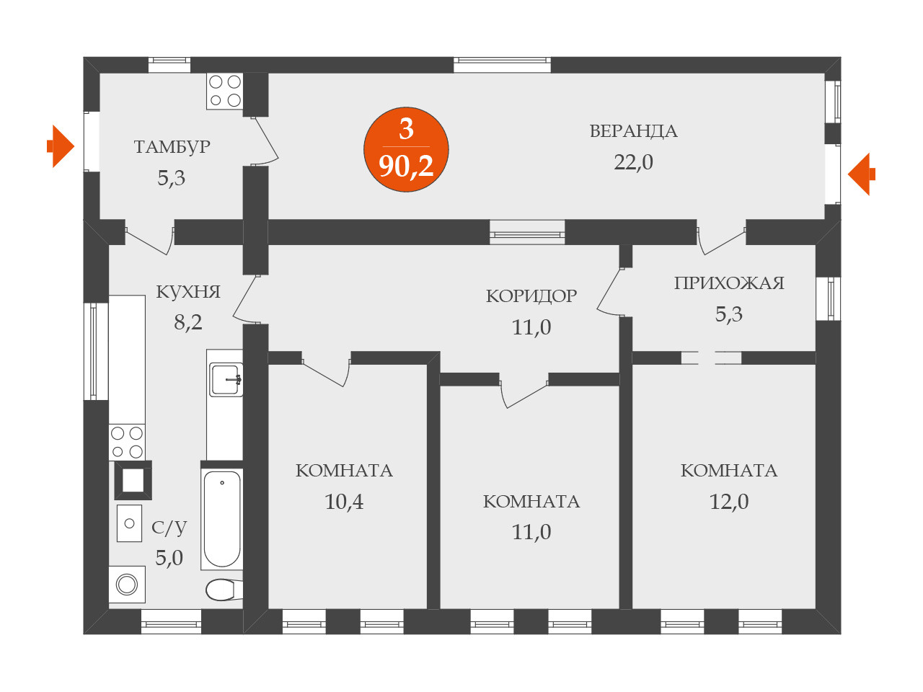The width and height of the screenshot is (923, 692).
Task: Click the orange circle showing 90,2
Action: coord(406,150)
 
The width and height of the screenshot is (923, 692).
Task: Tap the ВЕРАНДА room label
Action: coord(633,131)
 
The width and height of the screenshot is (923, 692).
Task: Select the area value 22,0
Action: coord(633,162)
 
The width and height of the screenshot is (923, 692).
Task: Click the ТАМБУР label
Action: coord(172,147)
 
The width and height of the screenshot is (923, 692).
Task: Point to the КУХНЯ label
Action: coord(188,292)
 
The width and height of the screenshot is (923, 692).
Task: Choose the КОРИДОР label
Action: coord(531,296)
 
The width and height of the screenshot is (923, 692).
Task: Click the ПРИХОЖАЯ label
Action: coord(729,283)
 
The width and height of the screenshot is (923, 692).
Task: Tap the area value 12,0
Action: coord(729,502)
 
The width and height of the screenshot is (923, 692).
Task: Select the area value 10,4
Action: coord(344,502)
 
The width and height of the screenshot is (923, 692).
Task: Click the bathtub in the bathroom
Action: coord(221,518)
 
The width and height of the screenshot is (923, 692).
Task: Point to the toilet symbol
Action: coord(222,590)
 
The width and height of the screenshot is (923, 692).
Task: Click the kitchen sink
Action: coord(226,379)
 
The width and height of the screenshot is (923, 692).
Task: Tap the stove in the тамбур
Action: coord(225,91)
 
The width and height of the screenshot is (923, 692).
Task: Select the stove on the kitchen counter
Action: coord(127,442)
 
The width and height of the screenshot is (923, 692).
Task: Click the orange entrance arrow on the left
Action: coord(61,146)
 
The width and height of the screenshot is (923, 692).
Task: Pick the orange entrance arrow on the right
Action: coord(861,174)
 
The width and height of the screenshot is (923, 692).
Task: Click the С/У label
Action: coord(169,528)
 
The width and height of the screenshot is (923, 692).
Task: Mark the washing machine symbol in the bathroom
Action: coord(127,584)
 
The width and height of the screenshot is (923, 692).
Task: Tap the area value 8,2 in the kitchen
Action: coord(188,322)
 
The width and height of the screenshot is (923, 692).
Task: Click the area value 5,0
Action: coord(169,558)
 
